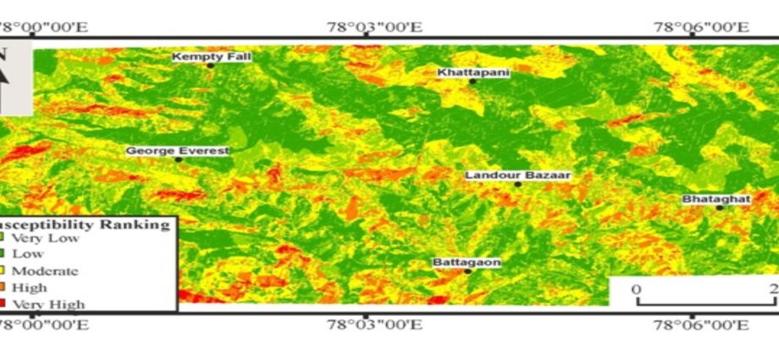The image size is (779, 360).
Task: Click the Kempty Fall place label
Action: tap(201, 57)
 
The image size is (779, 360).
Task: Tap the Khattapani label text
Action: tap(473, 72)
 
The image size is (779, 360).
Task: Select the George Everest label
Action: tap(178, 151)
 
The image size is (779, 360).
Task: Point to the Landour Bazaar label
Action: tap(518, 175)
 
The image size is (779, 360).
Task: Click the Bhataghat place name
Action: tap(716, 199)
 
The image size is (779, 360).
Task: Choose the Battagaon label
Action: tap(467, 263)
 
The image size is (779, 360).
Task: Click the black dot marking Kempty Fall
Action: tap(210, 65)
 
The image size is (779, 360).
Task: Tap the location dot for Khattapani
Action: tap(473, 81)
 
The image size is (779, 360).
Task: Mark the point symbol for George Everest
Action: tap(179, 159)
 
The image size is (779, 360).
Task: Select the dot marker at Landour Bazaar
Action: tap(517, 184)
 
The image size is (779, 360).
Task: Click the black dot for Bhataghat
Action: tap(719, 207)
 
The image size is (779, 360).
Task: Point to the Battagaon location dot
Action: tap(467, 271)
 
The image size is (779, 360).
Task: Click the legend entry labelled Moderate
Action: tap(44, 271)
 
